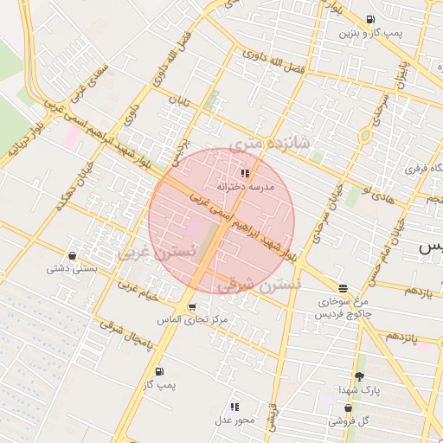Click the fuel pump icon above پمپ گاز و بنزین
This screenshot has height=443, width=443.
(370, 20)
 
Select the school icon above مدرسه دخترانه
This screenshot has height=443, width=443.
(244, 173)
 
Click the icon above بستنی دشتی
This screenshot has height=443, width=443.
(71, 255)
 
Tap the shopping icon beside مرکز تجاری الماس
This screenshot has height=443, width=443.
(191, 307)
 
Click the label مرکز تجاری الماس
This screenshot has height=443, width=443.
(192, 320)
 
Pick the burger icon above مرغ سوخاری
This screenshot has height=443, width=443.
(343, 287)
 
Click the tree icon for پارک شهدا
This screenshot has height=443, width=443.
(359, 376)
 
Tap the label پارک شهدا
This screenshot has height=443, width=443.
(359, 390)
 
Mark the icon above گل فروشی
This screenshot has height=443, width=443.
(348, 408)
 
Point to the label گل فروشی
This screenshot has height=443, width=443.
(348, 421)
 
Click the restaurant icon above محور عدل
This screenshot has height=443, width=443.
(234, 407)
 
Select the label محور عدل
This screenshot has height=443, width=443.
(234, 421)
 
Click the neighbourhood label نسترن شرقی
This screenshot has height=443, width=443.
(259, 285)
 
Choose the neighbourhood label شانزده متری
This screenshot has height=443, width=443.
(269, 141)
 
